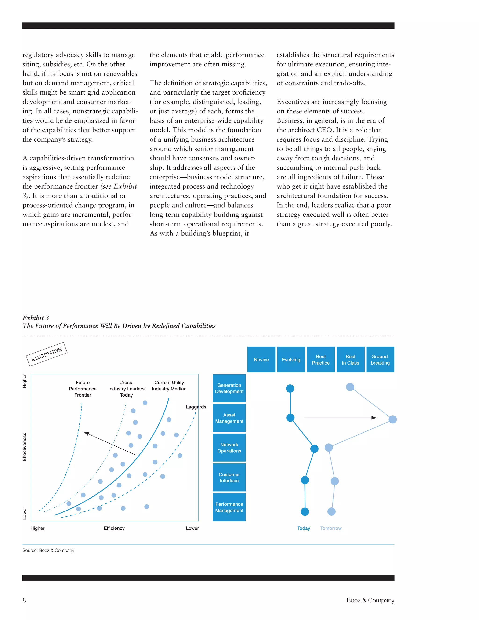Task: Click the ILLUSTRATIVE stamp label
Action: (x=47, y=354)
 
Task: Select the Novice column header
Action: (x=261, y=359)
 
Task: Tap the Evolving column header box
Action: (x=291, y=359)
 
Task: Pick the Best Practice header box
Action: (x=321, y=359)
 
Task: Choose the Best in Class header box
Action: (x=350, y=359)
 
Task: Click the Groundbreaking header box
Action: (x=380, y=359)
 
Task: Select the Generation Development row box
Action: (x=229, y=388)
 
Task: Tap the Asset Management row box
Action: (x=229, y=418)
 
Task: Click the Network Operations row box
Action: (x=229, y=448)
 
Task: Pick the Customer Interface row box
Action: (x=229, y=478)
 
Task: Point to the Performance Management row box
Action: (x=229, y=507)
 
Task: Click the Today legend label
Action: (x=304, y=528)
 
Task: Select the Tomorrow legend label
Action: (x=331, y=528)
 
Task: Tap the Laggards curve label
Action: (x=196, y=407)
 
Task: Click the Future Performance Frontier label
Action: (x=83, y=389)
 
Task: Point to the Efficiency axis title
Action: (x=114, y=528)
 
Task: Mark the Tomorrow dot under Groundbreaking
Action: (x=392, y=419)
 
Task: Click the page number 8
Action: (x=24, y=600)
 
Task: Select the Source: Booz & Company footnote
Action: (x=48, y=550)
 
